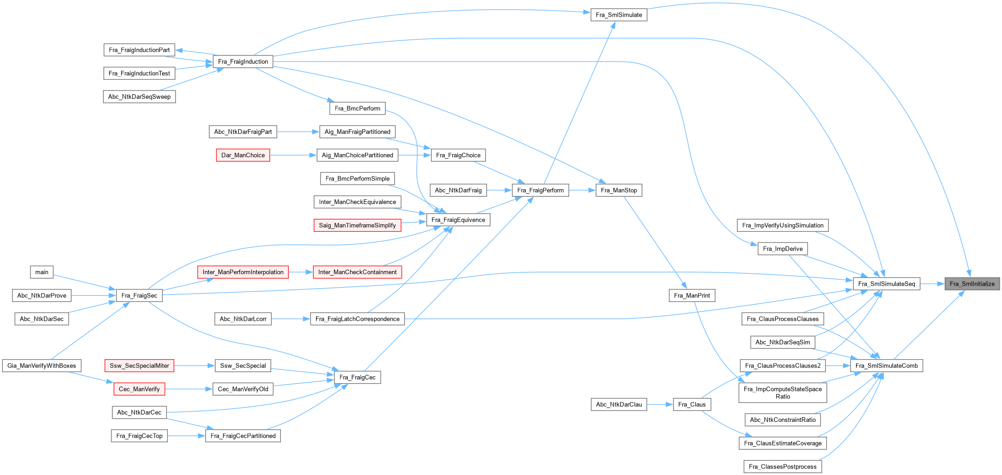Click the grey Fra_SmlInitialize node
[x=972, y=284]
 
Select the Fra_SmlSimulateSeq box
[x=886, y=284]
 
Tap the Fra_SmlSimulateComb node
[x=887, y=366]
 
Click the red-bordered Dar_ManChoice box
[x=243, y=155]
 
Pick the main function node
[x=42, y=272]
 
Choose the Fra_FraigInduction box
[x=243, y=61]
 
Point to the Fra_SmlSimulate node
[x=619, y=15]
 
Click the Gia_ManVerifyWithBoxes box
[x=42, y=366]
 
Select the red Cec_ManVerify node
[x=139, y=389]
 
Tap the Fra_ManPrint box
[x=692, y=295]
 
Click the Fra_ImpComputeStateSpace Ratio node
[x=783, y=392]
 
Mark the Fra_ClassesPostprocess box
[x=783, y=467]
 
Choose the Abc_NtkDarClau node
[x=619, y=404]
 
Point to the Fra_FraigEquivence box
[x=458, y=220]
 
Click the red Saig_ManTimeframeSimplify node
[x=357, y=225]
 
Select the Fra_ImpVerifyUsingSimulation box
[x=783, y=225]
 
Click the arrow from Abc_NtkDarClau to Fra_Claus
[x=660, y=404]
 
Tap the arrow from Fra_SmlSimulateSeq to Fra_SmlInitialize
[x=932, y=284]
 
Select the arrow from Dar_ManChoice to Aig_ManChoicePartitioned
[x=293, y=155]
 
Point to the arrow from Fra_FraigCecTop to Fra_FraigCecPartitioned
[x=186, y=436]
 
